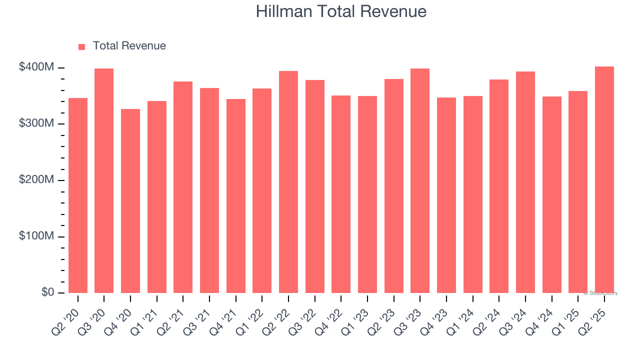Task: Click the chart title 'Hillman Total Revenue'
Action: [341, 11]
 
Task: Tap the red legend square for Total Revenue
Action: [82, 47]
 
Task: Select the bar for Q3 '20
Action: [104, 180]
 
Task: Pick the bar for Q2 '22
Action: [288, 182]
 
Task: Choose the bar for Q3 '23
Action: [420, 180]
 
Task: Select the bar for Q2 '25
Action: [604, 179]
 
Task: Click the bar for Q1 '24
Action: [473, 194]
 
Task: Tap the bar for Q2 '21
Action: [183, 187]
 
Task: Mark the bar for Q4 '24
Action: [552, 194]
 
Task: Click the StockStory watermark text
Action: [600, 293]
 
